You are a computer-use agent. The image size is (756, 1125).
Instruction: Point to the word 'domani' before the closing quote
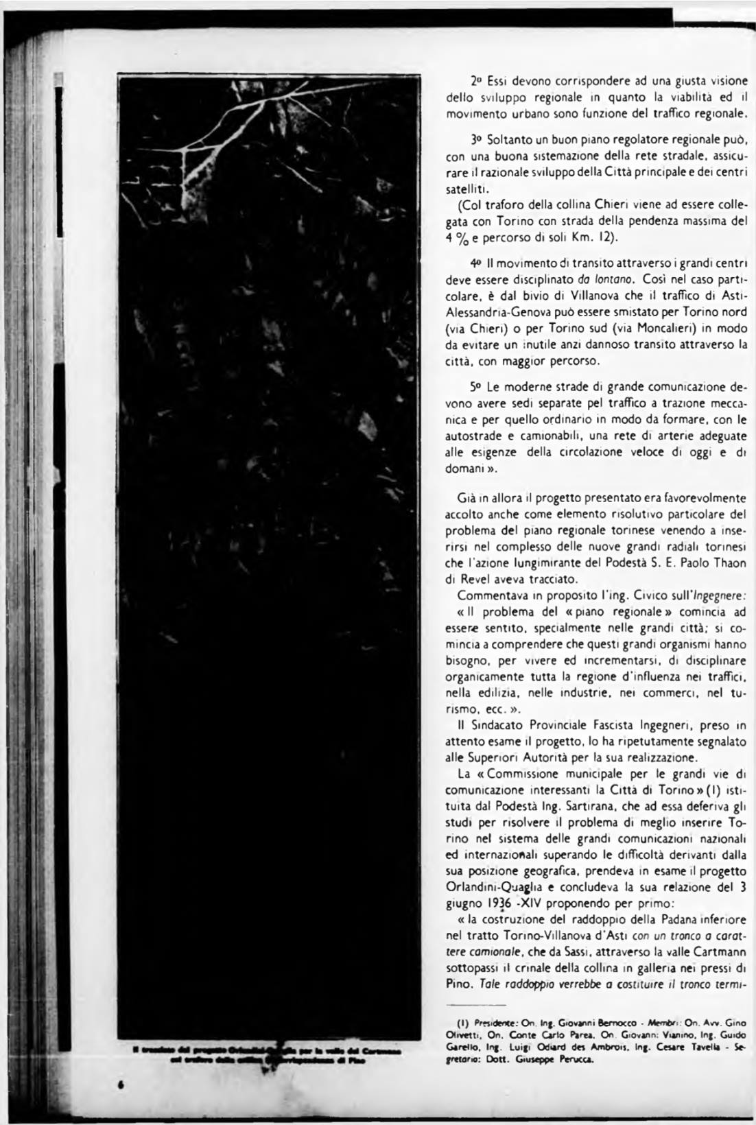pos(464,469)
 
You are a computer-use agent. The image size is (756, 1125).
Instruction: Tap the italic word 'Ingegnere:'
pos(720,594)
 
